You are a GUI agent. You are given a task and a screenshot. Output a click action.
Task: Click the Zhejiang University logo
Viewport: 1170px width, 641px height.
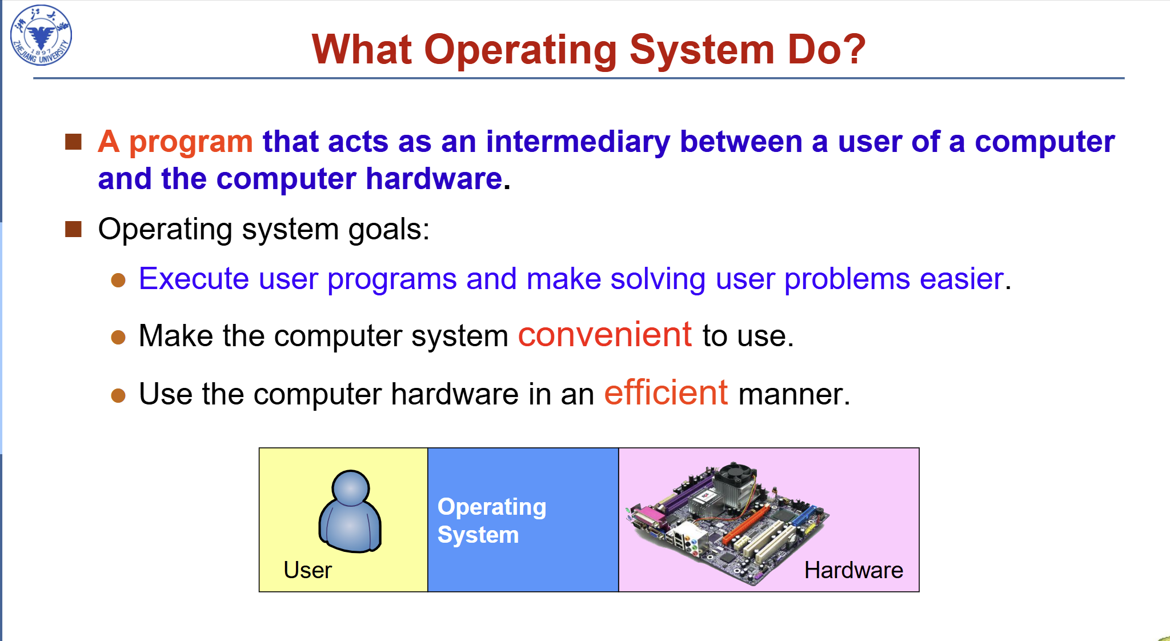(x=41, y=35)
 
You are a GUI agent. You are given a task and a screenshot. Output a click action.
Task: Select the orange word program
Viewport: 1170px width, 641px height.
(x=191, y=143)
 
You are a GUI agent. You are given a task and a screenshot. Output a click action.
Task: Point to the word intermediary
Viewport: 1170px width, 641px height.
(x=578, y=142)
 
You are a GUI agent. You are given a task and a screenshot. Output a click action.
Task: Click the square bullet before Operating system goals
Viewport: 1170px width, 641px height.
(x=74, y=229)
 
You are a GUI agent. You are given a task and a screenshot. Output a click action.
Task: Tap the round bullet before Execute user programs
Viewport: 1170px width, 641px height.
(x=118, y=280)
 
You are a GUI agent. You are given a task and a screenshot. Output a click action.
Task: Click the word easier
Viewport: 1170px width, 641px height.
(x=961, y=279)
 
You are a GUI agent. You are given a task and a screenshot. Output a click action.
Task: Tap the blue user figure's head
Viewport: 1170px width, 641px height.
(x=350, y=488)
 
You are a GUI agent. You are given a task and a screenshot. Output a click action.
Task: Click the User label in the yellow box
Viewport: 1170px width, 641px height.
(x=307, y=570)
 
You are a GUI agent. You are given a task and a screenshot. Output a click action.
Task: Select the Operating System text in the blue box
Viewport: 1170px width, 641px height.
(x=491, y=520)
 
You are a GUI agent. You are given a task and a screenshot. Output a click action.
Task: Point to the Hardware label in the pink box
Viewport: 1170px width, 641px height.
(x=854, y=570)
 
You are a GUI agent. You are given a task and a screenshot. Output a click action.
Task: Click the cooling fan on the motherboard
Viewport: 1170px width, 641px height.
(x=737, y=477)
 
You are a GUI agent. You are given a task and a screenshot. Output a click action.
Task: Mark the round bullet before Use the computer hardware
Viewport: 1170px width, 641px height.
(x=118, y=395)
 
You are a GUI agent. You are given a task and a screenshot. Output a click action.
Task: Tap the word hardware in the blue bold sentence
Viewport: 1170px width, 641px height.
(x=434, y=179)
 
